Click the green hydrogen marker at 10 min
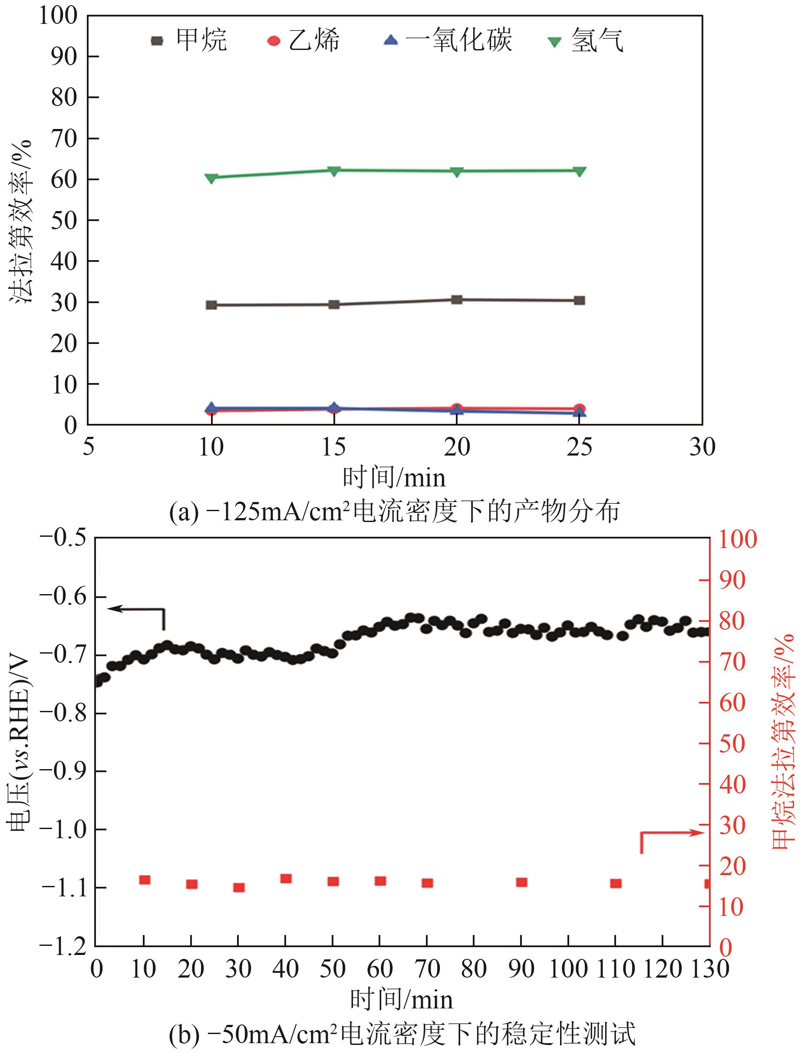[211, 178]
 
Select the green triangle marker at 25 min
[579, 171]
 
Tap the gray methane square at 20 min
[457, 300]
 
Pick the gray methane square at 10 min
[211, 305]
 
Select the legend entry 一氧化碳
[448, 40]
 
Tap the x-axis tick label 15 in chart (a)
[334, 447]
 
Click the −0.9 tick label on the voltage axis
[63, 771]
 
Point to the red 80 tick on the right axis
[732, 621]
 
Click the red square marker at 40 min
[286, 879]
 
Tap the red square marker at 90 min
[521, 882]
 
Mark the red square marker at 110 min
[616, 883]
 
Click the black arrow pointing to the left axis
[136, 609]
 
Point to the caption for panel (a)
[394, 512]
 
